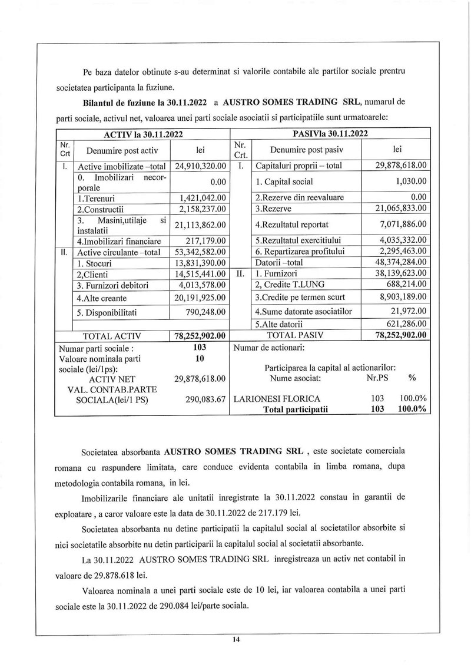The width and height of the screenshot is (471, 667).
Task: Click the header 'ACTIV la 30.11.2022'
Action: tap(142, 134)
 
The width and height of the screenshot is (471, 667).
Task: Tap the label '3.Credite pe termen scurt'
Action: tap(300, 296)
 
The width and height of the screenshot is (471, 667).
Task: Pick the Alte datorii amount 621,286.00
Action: tap(406, 323)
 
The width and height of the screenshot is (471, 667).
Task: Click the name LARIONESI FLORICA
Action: tap(277, 399)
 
